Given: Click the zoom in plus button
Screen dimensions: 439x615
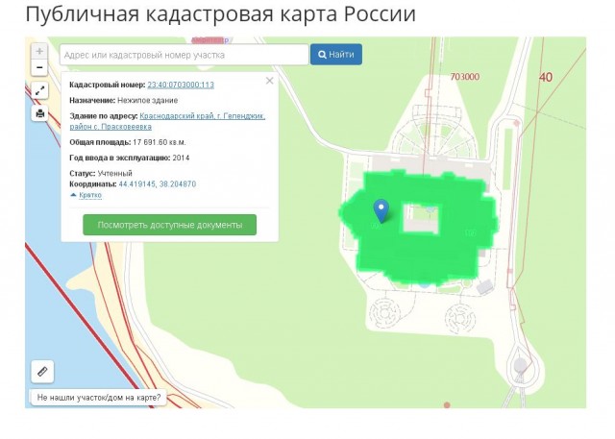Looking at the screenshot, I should [x=39, y=51].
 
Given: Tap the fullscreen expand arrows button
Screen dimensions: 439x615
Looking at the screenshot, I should [x=39, y=90].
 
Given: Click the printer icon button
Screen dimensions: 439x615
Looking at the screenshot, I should [x=39, y=113].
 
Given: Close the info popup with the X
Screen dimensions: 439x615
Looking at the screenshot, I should [x=269, y=82].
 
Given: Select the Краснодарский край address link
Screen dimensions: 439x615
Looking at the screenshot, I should [x=202, y=115].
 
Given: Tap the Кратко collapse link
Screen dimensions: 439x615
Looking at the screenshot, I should [x=86, y=194].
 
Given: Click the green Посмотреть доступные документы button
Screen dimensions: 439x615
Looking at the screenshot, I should [x=169, y=225].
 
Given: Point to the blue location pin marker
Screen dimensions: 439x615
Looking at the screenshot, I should [x=381, y=210].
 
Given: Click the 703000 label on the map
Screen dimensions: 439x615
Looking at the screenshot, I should [x=464, y=77].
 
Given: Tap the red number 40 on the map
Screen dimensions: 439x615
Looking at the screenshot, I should [x=546, y=77].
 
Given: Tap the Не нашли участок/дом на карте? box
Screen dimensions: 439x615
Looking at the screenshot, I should [x=98, y=397].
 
